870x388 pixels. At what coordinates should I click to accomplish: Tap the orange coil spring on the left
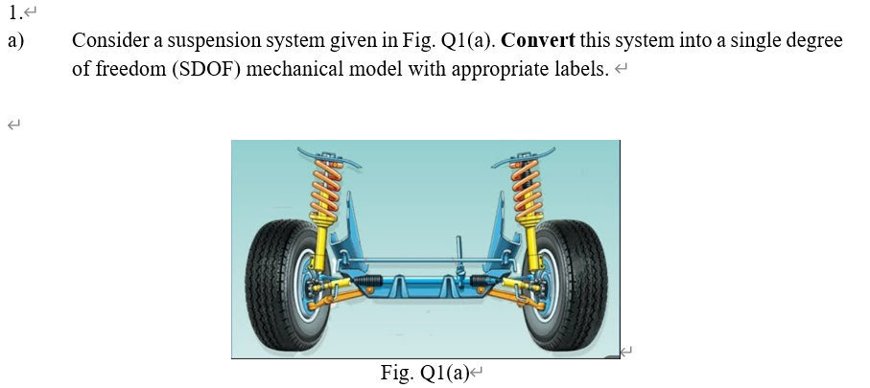(327, 188)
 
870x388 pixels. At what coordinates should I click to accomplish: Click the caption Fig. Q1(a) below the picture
(423, 374)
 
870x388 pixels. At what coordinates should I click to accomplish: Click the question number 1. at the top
(13, 12)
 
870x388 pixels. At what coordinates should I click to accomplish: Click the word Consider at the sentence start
(105, 42)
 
